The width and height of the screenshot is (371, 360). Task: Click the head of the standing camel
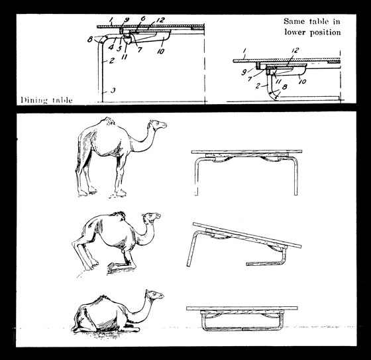(158, 125)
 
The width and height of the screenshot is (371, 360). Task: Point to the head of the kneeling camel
(152, 217)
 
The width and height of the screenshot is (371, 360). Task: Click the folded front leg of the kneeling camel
(121, 265)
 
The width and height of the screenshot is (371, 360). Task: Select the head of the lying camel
(155, 295)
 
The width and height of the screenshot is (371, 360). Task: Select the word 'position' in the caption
(325, 32)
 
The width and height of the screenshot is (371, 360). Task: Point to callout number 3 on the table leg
(113, 90)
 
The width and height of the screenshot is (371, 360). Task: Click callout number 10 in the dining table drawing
(160, 51)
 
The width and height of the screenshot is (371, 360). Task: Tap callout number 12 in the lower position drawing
(295, 50)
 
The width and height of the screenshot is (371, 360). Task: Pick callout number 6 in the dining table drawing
(142, 19)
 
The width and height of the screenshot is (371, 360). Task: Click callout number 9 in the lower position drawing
(244, 72)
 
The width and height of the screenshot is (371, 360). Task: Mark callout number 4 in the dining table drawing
(111, 47)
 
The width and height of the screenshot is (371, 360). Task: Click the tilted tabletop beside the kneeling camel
(247, 235)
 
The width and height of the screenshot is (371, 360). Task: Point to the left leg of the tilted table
(191, 249)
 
